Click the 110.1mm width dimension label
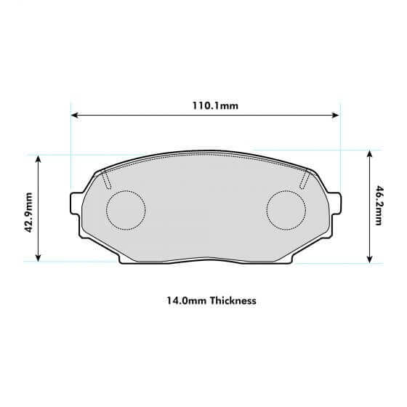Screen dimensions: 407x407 click(x=215, y=105)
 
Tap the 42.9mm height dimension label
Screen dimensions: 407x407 click(x=28, y=211)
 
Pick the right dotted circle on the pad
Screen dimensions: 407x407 click(x=286, y=209)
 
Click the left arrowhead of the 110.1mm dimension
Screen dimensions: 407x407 click(x=75, y=115)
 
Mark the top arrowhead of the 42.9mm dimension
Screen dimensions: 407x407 click(x=39, y=158)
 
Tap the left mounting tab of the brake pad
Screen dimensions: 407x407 click(x=76, y=204)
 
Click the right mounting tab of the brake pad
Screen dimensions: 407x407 click(x=335, y=203)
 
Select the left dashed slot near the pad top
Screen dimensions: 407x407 click(x=105, y=179)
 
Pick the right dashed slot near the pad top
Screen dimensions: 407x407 click(x=305, y=179)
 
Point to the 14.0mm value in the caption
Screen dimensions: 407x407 click(x=182, y=299)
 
